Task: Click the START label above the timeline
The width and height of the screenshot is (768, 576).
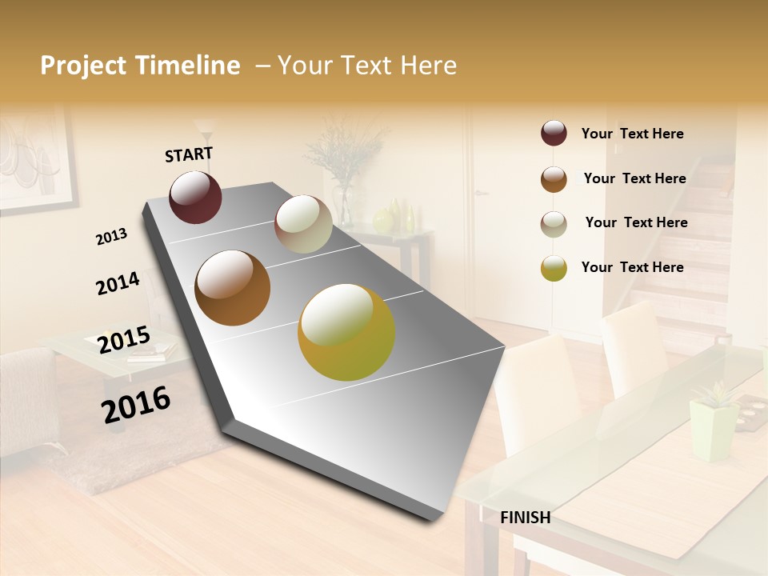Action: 189,154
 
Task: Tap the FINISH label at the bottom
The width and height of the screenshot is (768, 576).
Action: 525,518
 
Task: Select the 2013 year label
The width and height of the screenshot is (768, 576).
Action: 112,237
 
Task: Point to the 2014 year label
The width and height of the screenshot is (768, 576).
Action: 118,283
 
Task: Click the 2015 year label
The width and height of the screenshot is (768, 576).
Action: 124,340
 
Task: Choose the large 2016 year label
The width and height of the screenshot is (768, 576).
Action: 137,404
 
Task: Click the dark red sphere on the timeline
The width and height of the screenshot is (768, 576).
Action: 195,197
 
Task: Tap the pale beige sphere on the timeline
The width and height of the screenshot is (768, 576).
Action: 303,224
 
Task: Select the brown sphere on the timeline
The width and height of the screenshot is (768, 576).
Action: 233,288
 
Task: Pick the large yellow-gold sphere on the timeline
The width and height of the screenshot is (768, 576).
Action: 346,332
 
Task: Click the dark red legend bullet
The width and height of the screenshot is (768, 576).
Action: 554,134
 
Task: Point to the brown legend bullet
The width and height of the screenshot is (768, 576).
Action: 554,179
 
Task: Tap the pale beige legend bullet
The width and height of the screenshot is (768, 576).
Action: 554,224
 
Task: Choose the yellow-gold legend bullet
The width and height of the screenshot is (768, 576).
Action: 554,268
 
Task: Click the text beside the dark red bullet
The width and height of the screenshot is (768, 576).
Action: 632,134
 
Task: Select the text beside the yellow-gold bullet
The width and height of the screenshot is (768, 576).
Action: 632,267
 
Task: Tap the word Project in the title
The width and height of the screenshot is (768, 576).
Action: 82,66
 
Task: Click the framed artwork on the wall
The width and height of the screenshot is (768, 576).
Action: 32,160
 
